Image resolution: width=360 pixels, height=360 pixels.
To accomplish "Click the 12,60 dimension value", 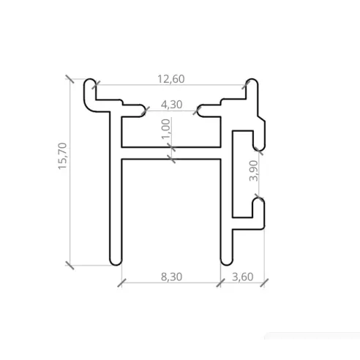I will (x=170, y=78).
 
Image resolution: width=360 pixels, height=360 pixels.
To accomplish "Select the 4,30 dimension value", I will (x=170, y=104).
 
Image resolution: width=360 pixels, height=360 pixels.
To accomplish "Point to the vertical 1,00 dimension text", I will (x=166, y=132).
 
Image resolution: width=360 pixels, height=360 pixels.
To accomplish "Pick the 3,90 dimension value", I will (x=253, y=170).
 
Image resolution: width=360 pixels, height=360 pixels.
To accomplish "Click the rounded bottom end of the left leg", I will (x=116, y=260).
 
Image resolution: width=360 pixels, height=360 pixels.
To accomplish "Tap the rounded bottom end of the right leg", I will (x=224, y=260).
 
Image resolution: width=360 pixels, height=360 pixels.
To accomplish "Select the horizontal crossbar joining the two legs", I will (x=170, y=151).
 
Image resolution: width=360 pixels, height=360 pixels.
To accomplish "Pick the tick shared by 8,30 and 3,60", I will (x=220, y=282).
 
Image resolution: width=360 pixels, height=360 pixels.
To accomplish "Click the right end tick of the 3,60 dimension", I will (x=263, y=282).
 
